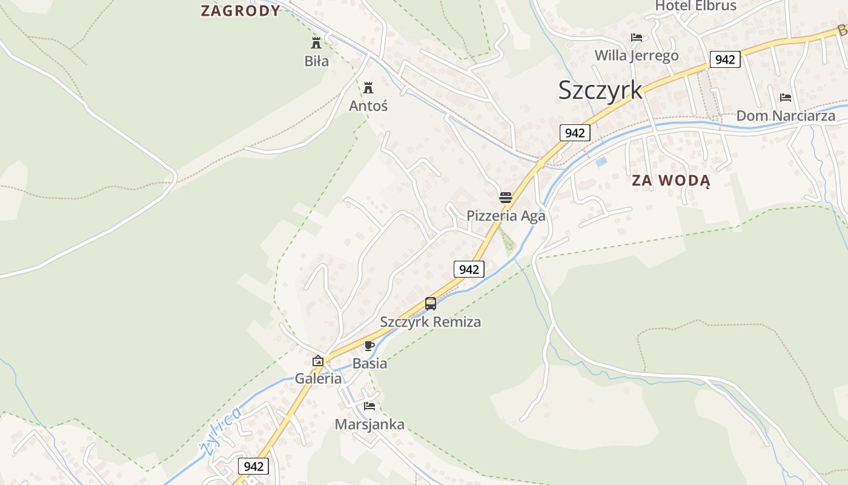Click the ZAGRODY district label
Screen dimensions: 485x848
pos(240,10)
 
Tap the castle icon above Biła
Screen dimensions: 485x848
pos(316,42)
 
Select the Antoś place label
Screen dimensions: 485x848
pos(368,105)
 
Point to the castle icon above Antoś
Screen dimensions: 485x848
pos(368,87)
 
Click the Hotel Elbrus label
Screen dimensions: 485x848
pos(695,6)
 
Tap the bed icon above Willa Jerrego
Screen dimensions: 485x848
pos(637,38)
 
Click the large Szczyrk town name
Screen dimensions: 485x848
pos(600,90)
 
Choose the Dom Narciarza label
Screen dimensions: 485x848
pos(786,115)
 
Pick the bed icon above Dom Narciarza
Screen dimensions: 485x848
pos(786,97)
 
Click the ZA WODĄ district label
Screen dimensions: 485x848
pos(671,180)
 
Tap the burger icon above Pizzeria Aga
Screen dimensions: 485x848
pos(506,197)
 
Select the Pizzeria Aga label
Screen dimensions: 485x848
pos(506,216)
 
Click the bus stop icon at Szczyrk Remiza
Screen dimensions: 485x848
pos(431,303)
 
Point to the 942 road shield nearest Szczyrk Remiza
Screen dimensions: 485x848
pos(469,269)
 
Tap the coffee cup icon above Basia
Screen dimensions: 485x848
pos(369,346)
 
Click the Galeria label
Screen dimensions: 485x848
pos(318,379)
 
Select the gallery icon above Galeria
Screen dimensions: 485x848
pos(318,361)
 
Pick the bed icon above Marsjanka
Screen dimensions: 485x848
pos(369,406)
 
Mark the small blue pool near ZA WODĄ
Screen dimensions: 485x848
pos(601,162)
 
